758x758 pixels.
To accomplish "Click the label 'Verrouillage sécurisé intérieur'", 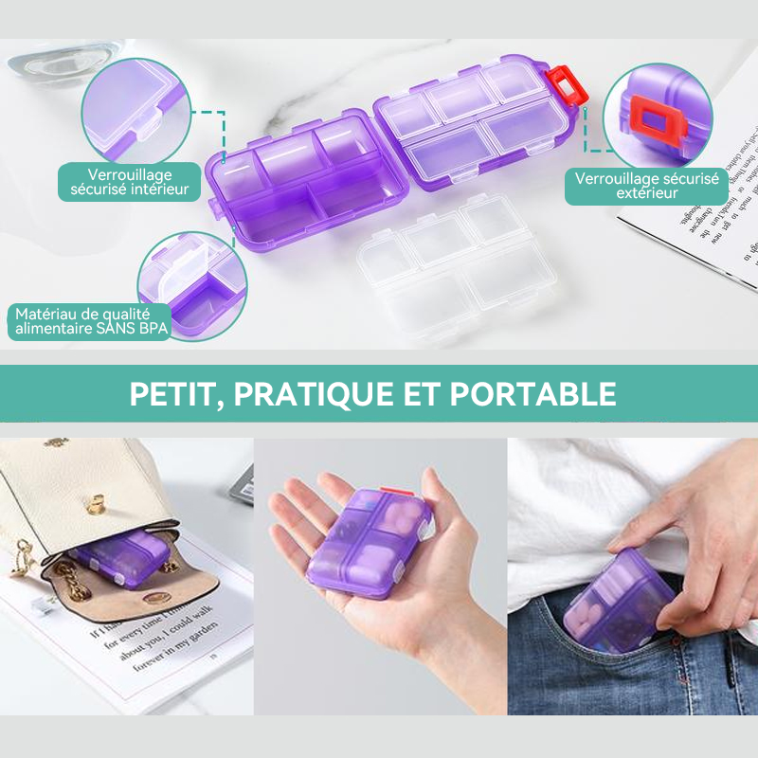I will point(129,182).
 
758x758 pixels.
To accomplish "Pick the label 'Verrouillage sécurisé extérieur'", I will point(646,185).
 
